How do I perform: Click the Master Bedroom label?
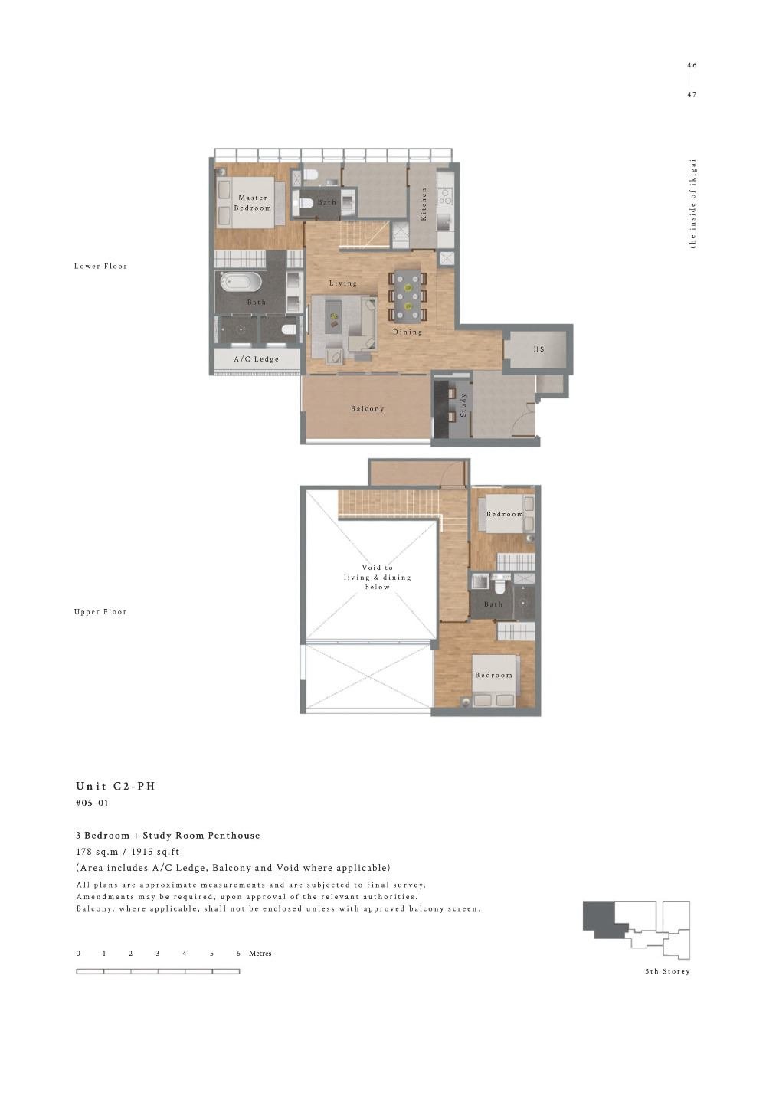tap(253, 203)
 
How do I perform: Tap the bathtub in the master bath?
tap(241, 282)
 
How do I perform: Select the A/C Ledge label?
tap(256, 359)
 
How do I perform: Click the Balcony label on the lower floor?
tap(368, 409)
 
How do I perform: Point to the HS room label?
tap(538, 349)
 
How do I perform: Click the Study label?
tap(463, 404)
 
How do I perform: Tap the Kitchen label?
tap(424, 205)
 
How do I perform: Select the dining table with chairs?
tap(408, 296)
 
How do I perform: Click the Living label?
tap(343, 283)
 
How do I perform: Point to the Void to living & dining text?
tap(378, 578)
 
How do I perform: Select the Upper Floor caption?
tap(100, 612)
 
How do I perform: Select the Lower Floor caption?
tap(100, 267)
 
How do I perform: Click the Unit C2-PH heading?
tap(116, 787)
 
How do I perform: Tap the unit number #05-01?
tap(93, 804)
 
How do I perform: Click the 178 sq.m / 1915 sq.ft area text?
tap(127, 852)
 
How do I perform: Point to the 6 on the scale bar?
tap(238, 954)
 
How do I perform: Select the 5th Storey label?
tap(667, 972)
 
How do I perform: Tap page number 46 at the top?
tap(692, 66)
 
